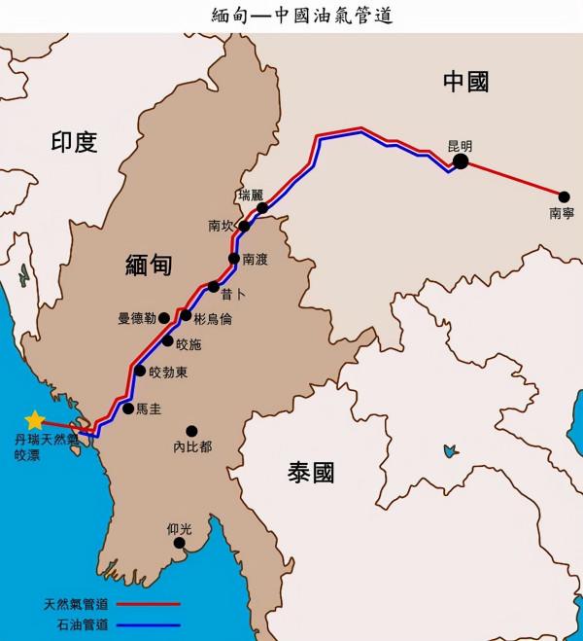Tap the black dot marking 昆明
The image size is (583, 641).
(462, 162)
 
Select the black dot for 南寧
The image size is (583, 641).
(563, 196)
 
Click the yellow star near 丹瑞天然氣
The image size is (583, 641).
(35, 420)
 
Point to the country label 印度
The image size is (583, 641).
(75, 143)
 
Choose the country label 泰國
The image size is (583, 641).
(312, 474)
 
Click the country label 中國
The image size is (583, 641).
(464, 82)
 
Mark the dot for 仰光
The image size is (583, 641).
(179, 543)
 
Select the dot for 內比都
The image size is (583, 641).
(191, 431)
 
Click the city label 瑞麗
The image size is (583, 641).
(251, 195)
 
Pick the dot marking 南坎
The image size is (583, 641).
(245, 227)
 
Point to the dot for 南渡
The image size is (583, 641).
(234, 258)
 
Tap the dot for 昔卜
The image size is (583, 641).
(214, 286)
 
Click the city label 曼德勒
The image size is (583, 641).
(137, 318)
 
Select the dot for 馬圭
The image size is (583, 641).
(128, 409)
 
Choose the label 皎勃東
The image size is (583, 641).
(168, 372)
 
